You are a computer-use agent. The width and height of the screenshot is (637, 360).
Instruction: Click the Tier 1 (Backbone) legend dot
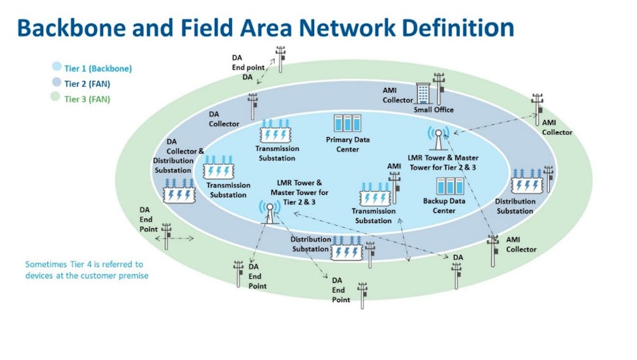(57, 67)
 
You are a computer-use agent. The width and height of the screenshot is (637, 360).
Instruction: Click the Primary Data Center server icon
(348, 123)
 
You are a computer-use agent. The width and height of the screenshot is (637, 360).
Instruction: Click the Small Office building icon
(423, 93)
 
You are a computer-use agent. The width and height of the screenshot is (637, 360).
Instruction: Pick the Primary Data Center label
(348, 145)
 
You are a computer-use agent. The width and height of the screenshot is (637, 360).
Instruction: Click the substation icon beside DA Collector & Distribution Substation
(179, 189)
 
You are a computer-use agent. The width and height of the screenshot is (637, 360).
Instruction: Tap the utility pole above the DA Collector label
(253, 106)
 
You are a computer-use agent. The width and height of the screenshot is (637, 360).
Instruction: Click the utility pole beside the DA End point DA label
(280, 59)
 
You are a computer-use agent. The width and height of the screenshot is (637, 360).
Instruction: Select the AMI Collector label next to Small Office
(398, 96)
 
